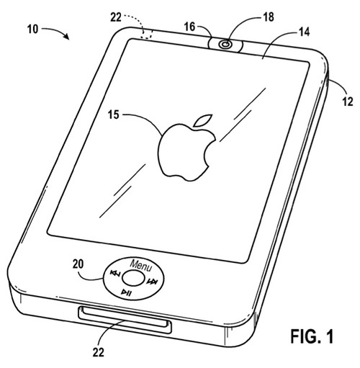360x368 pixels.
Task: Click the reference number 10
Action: pos(33,30)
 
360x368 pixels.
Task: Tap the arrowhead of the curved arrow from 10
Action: pos(66,37)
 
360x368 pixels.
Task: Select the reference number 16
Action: pos(189,27)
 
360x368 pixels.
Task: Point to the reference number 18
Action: pos(268,17)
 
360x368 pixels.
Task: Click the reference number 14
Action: pos(304,32)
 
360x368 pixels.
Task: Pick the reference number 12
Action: pos(348,102)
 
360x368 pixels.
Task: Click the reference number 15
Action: pos(113,115)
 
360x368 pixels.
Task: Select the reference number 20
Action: pos(78,264)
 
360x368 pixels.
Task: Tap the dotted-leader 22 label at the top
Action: pos(116,17)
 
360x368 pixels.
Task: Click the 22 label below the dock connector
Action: pos(99,352)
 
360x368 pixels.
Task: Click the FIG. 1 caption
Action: pos(312,336)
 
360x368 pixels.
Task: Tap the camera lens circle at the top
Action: pos(225,45)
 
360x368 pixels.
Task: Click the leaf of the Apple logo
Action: pos(203,120)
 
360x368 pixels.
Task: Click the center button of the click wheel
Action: pos(134,278)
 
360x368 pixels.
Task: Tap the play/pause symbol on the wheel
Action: pos(126,292)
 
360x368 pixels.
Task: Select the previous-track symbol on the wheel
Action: pos(114,273)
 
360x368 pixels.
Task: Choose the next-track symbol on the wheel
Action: pos(152,282)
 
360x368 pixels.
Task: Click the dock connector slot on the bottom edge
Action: pos(125,320)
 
